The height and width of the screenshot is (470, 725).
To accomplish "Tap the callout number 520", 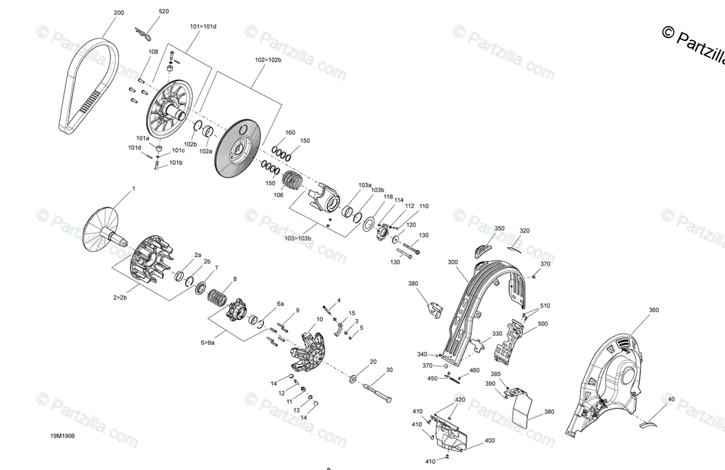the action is [x=164, y=11].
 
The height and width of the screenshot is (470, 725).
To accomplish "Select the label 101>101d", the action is [x=203, y=27].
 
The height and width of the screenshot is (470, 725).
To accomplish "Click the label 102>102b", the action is [x=268, y=60].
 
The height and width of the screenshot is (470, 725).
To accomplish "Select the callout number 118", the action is [x=387, y=197].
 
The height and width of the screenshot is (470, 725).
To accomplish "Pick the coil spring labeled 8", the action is [x=218, y=298].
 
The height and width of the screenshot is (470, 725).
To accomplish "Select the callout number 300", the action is [x=453, y=263].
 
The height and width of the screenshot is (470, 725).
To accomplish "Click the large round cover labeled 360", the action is [x=610, y=381].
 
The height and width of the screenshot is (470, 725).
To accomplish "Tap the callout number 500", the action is [x=543, y=324].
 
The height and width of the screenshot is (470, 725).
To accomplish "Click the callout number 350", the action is [x=499, y=228].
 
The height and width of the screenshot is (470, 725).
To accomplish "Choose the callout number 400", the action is [x=489, y=440].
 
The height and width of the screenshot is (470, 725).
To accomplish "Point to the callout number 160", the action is [x=290, y=132].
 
